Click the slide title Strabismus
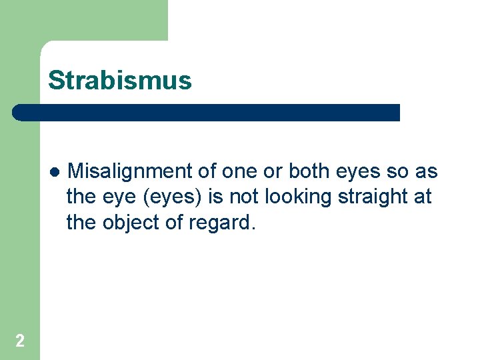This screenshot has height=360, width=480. pyautogui.click(x=119, y=81)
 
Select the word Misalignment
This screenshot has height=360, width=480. pyautogui.click(x=131, y=172)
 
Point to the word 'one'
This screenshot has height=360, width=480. pyautogui.click(x=238, y=172)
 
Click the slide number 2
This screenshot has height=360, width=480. pyautogui.click(x=20, y=341)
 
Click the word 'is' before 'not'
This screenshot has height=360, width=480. pyautogui.click(x=221, y=197)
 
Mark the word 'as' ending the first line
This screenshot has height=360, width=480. pyautogui.click(x=427, y=172)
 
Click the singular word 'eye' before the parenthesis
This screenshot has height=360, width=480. pyautogui.click(x=116, y=197)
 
